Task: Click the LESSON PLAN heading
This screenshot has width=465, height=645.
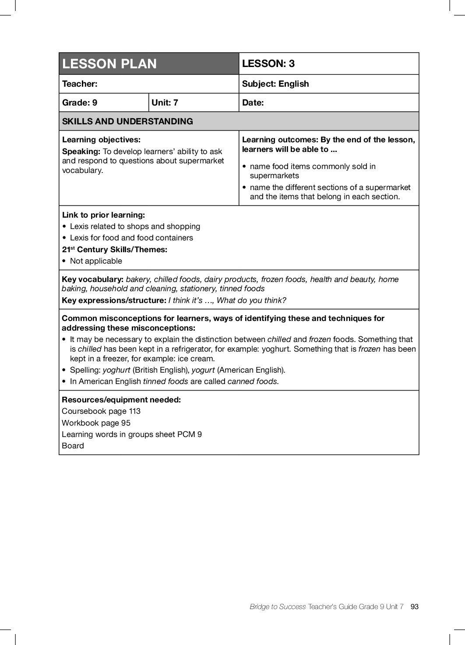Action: [109, 64]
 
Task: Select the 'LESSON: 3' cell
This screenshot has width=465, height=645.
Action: [268, 63]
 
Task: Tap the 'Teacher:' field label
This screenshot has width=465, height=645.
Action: [80, 84]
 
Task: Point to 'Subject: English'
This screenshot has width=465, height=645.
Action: [275, 84]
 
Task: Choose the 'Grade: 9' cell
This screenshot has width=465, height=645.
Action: [80, 102]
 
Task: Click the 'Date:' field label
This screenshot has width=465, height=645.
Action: [253, 102]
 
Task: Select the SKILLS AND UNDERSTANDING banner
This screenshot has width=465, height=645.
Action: [127, 121]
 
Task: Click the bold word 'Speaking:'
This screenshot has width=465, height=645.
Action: [81, 152]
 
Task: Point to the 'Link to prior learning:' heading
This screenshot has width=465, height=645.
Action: [103, 215]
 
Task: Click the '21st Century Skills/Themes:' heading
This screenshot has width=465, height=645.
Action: [115, 250]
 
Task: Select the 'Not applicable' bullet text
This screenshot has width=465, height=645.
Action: [96, 261]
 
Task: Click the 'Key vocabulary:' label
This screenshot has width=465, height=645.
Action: [92, 279]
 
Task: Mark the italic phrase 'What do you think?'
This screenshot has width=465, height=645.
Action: [251, 300]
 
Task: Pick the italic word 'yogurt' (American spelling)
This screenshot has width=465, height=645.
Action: [203, 370]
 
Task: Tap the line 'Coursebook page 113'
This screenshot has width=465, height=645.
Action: [101, 411]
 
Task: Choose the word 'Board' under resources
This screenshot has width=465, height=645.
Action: [73, 446]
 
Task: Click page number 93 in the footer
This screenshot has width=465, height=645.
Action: [415, 606]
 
